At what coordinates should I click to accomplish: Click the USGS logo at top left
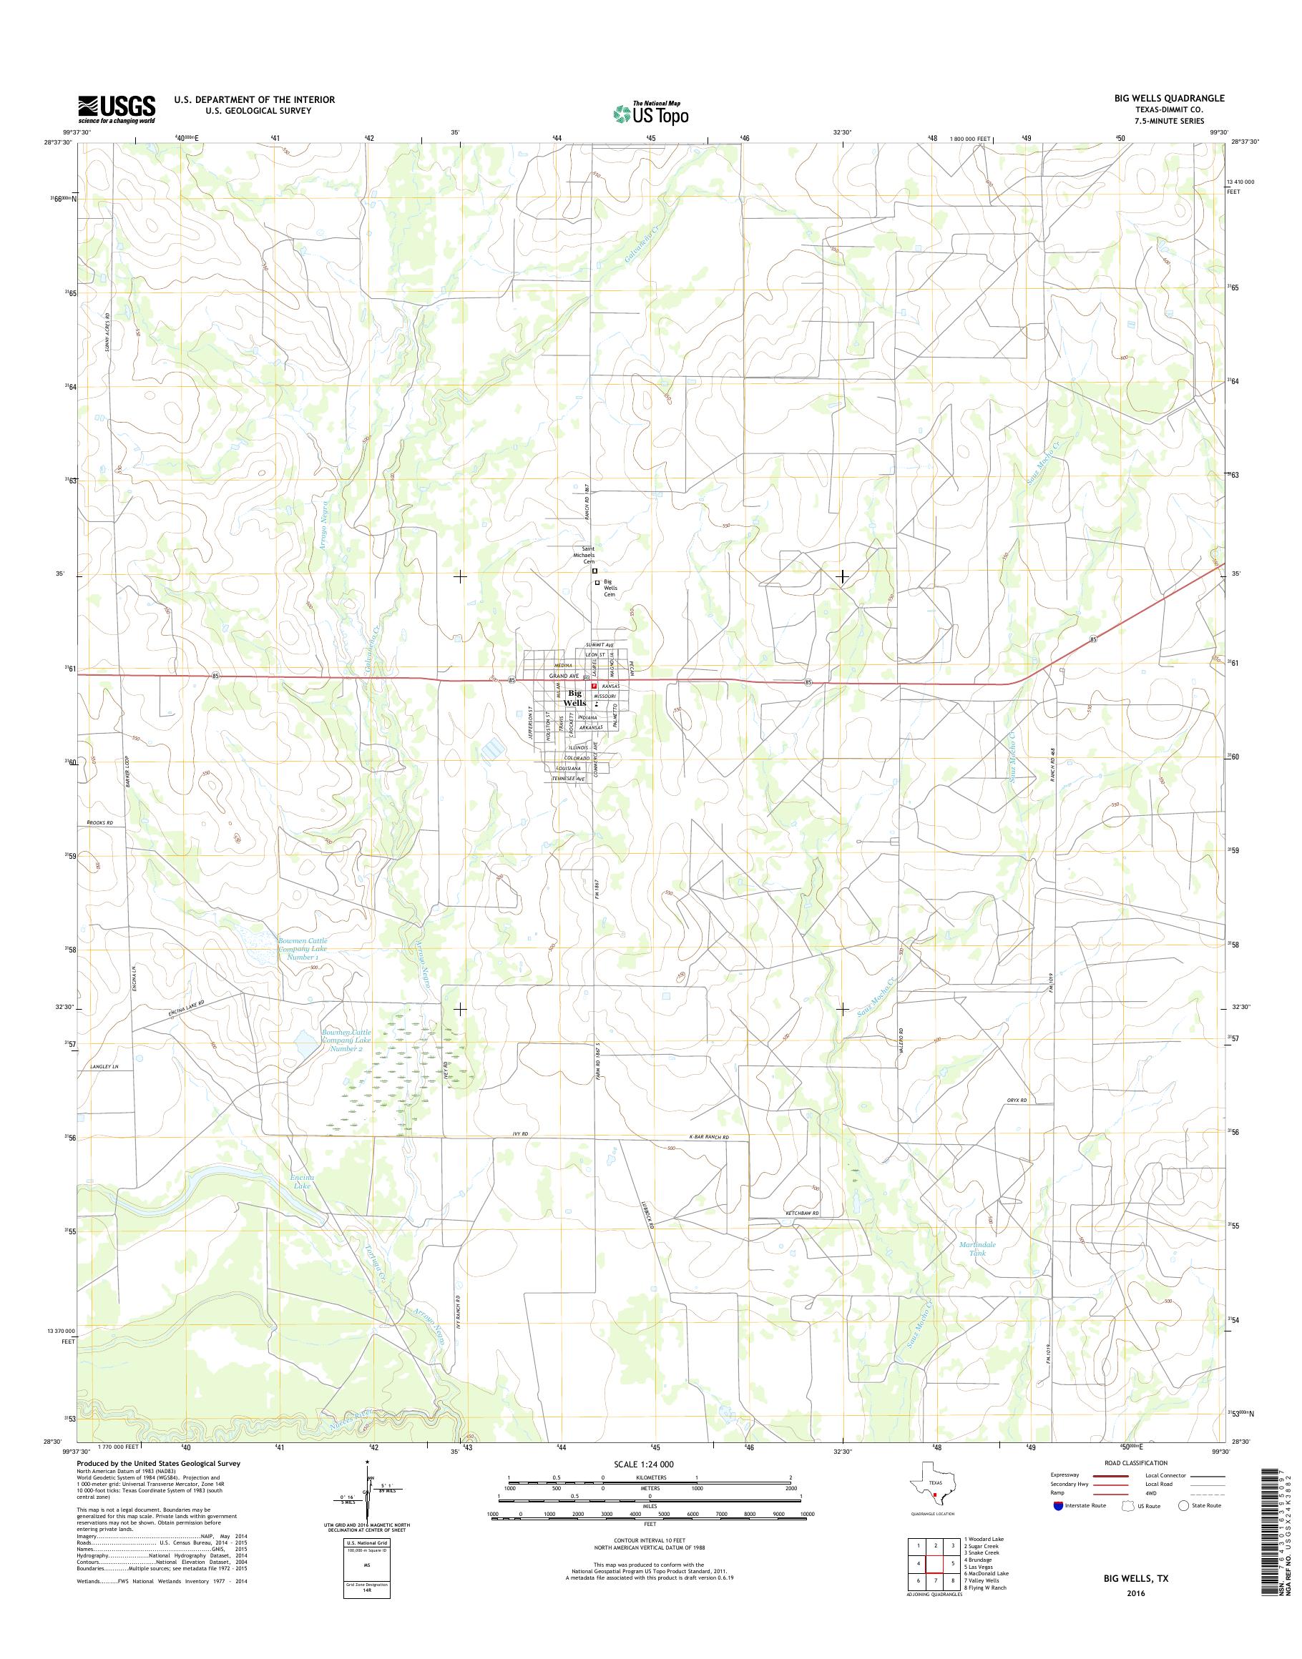[x=117, y=109]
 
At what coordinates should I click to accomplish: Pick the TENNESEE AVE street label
[x=569, y=779]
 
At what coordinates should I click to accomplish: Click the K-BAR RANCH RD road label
[x=709, y=1159]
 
